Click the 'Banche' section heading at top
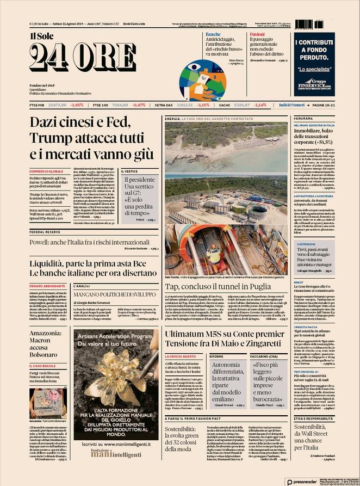click(213, 34)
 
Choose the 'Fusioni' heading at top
click(258, 34)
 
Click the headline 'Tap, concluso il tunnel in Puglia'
click(225, 287)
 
